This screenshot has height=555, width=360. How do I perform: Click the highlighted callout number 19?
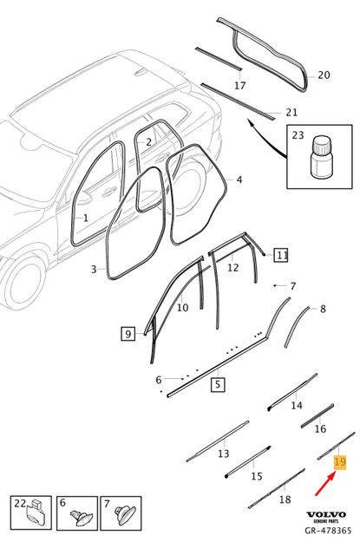tap(339, 463)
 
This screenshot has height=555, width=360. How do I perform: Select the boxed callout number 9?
tap(128, 332)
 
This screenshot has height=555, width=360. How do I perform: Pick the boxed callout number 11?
tap(281, 255)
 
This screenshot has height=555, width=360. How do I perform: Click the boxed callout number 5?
tap(218, 382)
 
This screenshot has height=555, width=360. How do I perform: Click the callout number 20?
tap(324, 75)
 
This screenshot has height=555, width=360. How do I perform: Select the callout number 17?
tap(240, 85)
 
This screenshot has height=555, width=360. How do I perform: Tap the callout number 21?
tap(291, 112)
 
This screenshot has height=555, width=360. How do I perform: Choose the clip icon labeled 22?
tap(34, 520)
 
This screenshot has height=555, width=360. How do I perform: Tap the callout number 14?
tap(297, 405)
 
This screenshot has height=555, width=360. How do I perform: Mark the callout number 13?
tap(223, 454)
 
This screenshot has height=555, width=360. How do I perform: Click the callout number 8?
tap(323, 309)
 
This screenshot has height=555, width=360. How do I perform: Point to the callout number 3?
tap(94, 270)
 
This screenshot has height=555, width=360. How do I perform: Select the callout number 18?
tap(284, 500)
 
